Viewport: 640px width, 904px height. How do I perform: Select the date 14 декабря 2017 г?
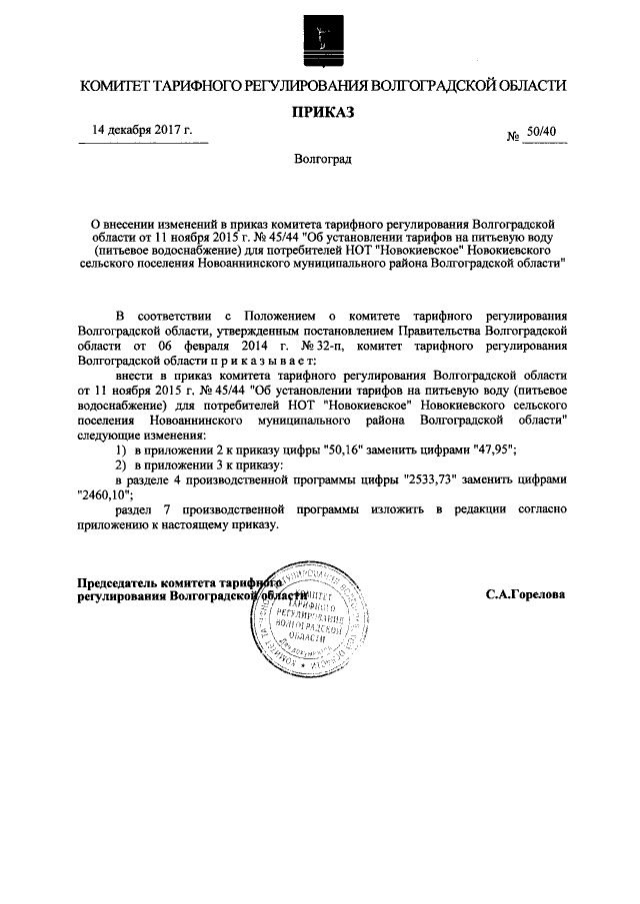pyautogui.click(x=142, y=130)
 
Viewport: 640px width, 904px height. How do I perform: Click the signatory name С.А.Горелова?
pyautogui.click(x=526, y=594)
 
